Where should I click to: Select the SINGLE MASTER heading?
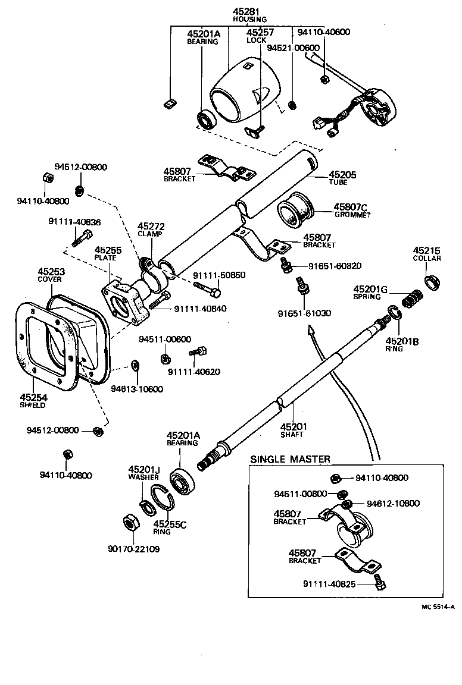pyautogui.click(x=290, y=459)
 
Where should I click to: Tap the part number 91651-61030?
pyautogui.click(x=304, y=313)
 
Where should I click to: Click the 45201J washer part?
pyautogui.click(x=145, y=505)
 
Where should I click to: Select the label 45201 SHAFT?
pyautogui.click(x=292, y=430)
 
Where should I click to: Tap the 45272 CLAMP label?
pyautogui.click(x=151, y=230)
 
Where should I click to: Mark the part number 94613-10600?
pyautogui.click(x=137, y=389)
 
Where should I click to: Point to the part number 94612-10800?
pyautogui.click(x=393, y=504)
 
